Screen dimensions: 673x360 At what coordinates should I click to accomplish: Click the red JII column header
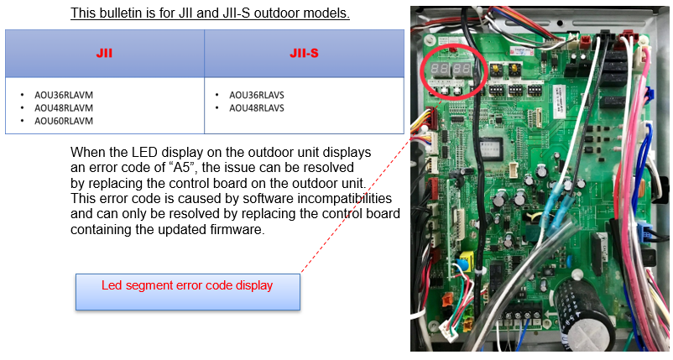click(104, 53)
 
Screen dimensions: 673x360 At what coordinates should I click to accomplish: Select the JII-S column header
click(304, 53)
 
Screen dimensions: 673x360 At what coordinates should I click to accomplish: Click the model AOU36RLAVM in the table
click(64, 95)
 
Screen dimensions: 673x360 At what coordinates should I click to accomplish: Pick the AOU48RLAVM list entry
click(64, 107)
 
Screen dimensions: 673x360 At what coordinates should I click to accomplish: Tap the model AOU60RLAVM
click(64, 121)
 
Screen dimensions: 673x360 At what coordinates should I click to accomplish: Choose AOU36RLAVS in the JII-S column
click(257, 95)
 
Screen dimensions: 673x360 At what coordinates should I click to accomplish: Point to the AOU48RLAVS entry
click(257, 107)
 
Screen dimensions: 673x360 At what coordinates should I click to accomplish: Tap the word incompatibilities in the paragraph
click(345, 198)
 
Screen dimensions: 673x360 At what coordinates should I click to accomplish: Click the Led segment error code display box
click(188, 292)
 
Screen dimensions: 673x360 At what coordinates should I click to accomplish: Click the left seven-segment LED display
click(439, 70)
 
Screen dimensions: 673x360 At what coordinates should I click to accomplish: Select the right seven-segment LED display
click(462, 70)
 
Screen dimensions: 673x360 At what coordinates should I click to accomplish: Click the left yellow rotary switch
click(496, 69)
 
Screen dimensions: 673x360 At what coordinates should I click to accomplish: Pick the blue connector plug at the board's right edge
click(644, 229)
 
